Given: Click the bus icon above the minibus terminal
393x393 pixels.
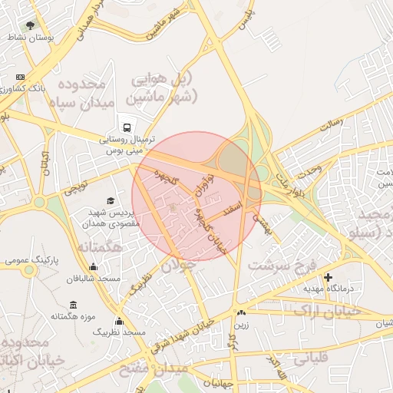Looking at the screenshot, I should (x=126, y=127).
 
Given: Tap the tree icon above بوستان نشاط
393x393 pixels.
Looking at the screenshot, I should (x=31, y=25).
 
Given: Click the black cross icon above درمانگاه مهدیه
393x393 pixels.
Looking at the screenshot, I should (x=329, y=276).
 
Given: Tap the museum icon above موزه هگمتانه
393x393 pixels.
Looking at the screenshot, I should (x=72, y=304).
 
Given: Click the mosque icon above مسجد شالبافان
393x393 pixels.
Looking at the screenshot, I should (x=94, y=267).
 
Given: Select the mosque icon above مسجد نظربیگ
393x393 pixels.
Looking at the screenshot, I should (x=119, y=321).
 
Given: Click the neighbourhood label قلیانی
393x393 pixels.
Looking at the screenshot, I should (x=310, y=357).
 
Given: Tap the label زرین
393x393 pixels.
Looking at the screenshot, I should (x=241, y=325).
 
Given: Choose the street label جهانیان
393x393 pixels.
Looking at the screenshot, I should (x=219, y=381).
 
